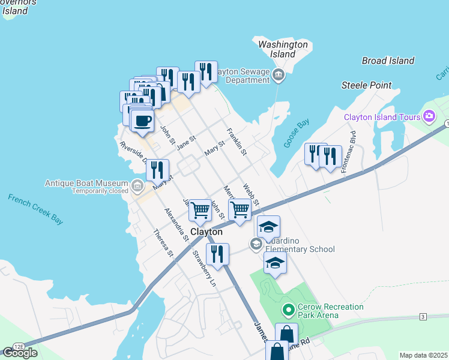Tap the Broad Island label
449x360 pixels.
pos(388,61)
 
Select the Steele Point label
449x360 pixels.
pos(366,85)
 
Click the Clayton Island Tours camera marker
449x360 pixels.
pos(429,116)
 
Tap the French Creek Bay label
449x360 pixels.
pos(35,209)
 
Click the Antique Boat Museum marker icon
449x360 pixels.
pos(138,187)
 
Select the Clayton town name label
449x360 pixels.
pos(206,232)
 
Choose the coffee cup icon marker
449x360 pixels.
pos(142,120)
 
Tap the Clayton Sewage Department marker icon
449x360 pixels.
pos(278,75)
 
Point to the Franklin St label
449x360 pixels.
pos(237,141)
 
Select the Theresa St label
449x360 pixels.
pos(163,244)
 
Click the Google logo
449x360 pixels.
pos(20,352)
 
